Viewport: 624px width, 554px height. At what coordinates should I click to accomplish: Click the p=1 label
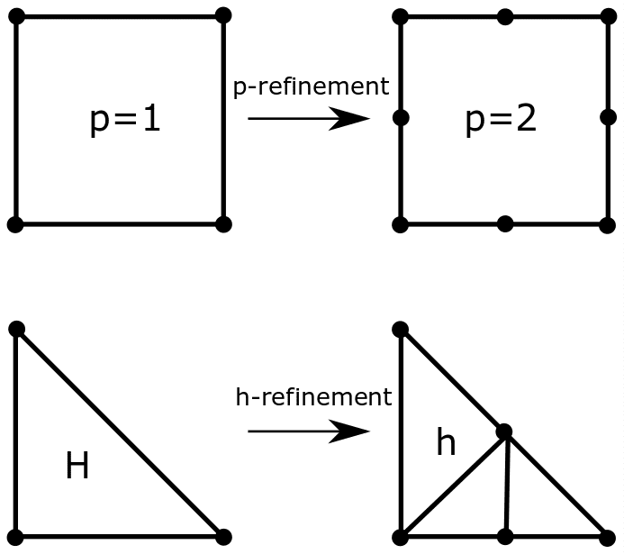click(x=125, y=119)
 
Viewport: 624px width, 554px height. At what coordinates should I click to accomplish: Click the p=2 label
click(x=501, y=119)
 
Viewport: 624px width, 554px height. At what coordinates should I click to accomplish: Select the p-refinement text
click(x=311, y=86)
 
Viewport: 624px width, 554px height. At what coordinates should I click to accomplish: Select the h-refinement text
click(x=313, y=396)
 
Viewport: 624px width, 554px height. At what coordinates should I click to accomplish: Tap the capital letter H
click(x=77, y=466)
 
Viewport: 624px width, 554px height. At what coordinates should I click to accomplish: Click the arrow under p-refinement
click(x=308, y=118)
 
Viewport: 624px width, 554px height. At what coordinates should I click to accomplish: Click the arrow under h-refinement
click(x=308, y=431)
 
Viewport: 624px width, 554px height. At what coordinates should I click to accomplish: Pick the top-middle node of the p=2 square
click(x=505, y=16)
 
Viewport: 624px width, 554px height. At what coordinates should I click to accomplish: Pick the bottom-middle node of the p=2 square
click(x=505, y=223)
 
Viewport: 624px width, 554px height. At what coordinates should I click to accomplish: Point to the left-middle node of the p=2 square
click(x=402, y=118)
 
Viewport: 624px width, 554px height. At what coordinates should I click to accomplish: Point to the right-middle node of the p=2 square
click(x=608, y=118)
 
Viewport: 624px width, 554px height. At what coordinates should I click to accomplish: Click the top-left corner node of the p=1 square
click(x=16, y=17)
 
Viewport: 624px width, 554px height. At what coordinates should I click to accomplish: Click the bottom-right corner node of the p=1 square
click(x=223, y=223)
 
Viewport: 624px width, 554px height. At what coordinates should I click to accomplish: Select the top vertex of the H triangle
click(x=16, y=329)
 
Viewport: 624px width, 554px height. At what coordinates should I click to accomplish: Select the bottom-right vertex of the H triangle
click(x=223, y=537)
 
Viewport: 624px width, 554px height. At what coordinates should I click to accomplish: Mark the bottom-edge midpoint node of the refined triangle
click(x=505, y=537)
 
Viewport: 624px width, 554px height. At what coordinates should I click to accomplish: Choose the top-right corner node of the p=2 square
click(x=608, y=16)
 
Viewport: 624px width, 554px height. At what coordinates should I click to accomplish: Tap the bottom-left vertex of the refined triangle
click(x=402, y=537)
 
